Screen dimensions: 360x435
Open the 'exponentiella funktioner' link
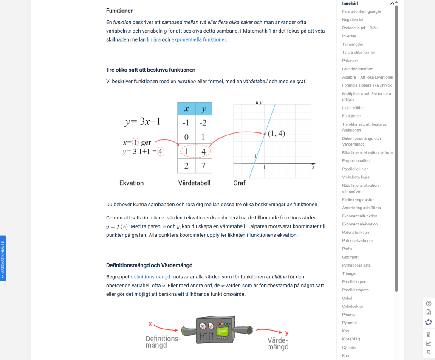point(199,39)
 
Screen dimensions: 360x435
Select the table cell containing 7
point(203,166)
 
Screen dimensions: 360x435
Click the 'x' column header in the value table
point(186,109)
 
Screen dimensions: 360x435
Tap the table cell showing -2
point(203,123)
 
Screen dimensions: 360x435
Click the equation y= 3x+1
point(142,121)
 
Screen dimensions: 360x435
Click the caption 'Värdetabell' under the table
point(194,183)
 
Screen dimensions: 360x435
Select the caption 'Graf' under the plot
point(240,183)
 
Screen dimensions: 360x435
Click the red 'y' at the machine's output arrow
point(287,332)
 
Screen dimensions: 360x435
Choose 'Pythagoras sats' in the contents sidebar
point(356,265)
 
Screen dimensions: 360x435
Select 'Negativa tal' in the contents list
point(353,20)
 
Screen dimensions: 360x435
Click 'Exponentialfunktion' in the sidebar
point(360,216)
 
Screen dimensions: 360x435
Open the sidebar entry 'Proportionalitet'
point(356,161)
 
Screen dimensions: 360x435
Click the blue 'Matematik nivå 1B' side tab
point(3,258)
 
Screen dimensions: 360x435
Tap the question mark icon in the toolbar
point(429,304)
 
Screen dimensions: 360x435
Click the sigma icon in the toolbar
point(428,352)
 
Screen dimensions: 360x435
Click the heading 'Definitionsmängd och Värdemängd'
point(149,265)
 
